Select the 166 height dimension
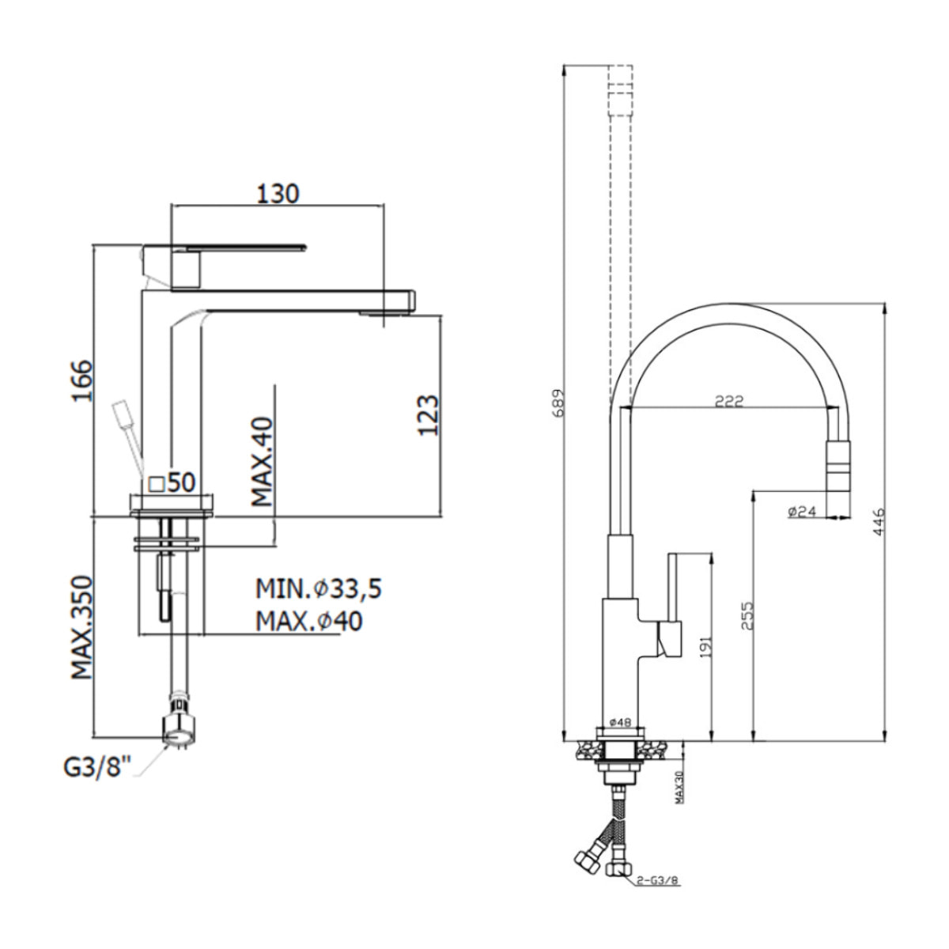tap(81, 380)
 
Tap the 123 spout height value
tap(426, 414)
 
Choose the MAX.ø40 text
tap(308, 622)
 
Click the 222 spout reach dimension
tap(728, 402)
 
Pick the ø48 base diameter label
tap(620, 722)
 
